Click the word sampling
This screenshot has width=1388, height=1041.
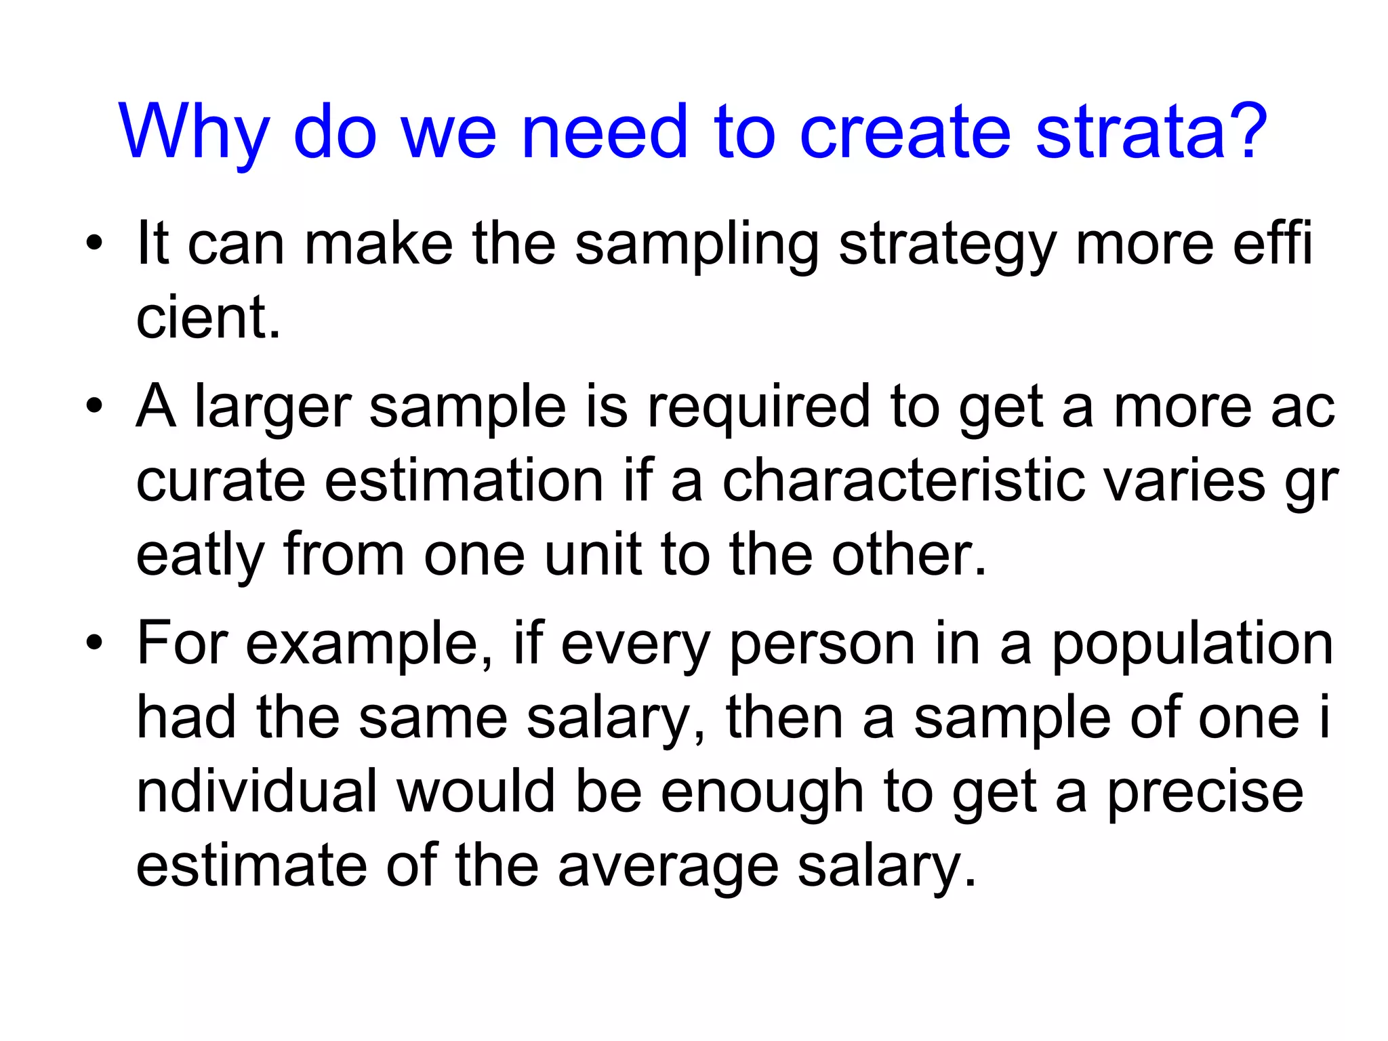coord(697,245)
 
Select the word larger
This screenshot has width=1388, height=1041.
coord(272,408)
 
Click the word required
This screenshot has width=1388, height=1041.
coord(758,408)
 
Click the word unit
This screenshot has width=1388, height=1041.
coord(593,555)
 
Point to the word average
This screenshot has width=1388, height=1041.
coord(668,867)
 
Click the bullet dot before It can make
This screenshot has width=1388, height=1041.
coord(94,243)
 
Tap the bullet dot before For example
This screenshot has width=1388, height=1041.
coord(94,642)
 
